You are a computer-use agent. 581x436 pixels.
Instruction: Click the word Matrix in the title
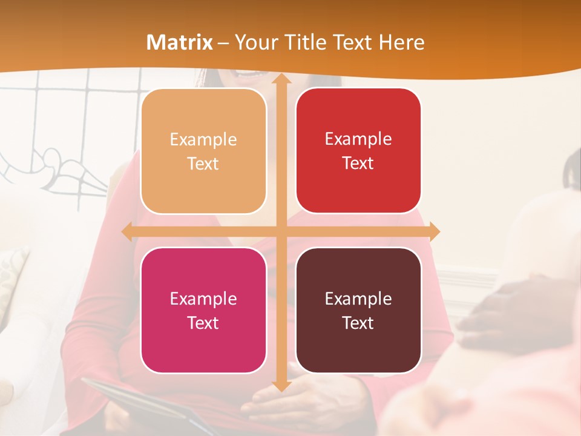point(179,42)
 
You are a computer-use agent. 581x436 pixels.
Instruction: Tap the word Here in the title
point(401,42)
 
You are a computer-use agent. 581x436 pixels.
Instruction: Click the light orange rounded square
point(203,151)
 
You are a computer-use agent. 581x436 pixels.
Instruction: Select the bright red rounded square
point(358,151)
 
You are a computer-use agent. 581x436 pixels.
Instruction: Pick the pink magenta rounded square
point(203,310)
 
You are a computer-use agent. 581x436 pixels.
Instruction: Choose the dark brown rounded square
point(358,310)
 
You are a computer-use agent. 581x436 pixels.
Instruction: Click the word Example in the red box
point(358,139)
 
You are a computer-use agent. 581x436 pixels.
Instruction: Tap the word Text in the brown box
point(358,323)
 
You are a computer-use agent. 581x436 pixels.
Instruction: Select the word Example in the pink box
point(203,299)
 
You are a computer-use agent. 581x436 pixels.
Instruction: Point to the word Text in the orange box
point(203,163)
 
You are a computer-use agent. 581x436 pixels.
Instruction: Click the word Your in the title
point(254,42)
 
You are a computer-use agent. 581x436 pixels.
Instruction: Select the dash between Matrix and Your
point(223,43)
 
